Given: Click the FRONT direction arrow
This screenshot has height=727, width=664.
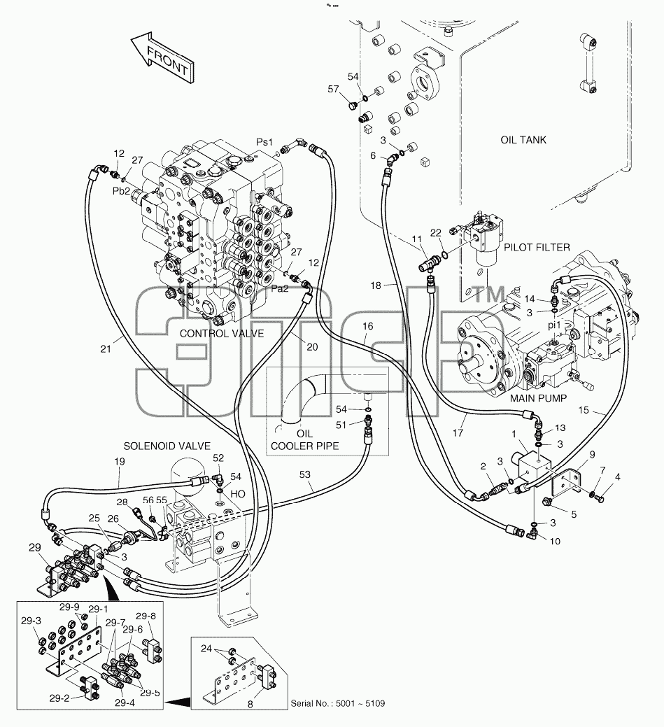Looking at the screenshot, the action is click(x=162, y=58).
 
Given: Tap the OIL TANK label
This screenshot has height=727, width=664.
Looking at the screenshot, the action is click(x=523, y=140).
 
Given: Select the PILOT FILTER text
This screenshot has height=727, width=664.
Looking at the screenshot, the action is click(x=537, y=248).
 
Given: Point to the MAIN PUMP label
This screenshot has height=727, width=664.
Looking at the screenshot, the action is click(x=538, y=398).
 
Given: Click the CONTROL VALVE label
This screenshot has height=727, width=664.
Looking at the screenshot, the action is click(x=222, y=333).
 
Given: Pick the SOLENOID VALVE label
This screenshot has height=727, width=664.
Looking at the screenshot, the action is click(x=167, y=446).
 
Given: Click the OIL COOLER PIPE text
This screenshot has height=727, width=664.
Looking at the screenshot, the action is click(x=304, y=440).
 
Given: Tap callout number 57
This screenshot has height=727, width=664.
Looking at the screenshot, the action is click(x=333, y=89).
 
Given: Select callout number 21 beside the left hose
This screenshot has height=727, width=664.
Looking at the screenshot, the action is click(x=106, y=348).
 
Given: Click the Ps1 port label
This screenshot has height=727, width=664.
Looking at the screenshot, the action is click(x=264, y=142).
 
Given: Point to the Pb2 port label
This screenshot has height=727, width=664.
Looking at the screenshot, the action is click(x=122, y=191).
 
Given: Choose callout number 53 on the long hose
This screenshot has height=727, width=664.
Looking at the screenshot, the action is click(x=304, y=474).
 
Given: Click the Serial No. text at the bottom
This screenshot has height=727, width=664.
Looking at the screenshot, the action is click(x=337, y=703).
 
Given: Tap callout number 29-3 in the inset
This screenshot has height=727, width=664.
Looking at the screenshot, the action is click(x=31, y=621).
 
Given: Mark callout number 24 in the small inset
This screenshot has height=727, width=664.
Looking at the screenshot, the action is click(x=206, y=649).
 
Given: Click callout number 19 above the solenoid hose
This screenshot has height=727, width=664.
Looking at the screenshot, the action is click(x=120, y=461).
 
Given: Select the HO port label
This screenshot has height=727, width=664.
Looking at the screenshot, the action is click(x=238, y=494).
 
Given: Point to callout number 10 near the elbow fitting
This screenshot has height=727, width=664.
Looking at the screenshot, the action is click(x=555, y=541).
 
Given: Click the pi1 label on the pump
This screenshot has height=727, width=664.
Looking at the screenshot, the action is click(x=554, y=325).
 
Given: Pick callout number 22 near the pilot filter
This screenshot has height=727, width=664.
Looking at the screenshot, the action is click(x=436, y=233).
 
